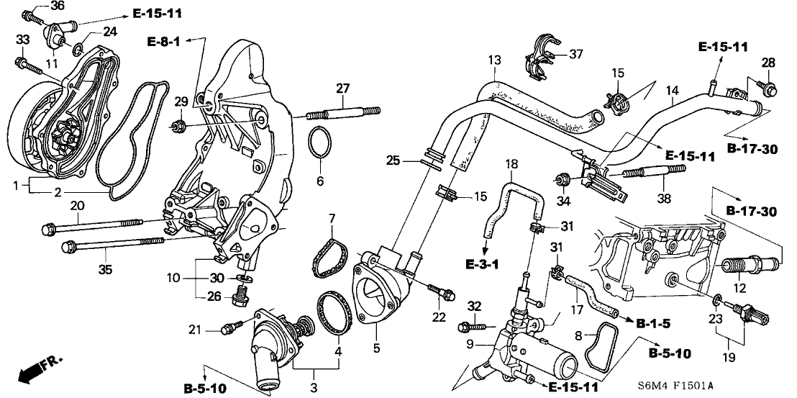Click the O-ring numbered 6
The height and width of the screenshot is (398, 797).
321,140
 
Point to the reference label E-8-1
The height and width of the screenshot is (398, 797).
163,40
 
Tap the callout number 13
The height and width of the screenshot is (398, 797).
493,60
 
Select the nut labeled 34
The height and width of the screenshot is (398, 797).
564,177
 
